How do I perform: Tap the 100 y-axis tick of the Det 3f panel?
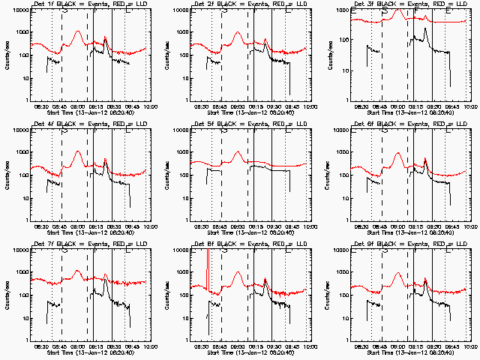click(x=343, y=55)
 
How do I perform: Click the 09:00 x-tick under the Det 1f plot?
click(x=78, y=107)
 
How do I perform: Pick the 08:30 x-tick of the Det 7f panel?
click(x=42, y=347)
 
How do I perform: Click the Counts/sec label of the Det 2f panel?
click(x=166, y=55)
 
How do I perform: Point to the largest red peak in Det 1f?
click(x=78, y=32)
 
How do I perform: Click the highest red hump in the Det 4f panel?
click(x=78, y=152)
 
